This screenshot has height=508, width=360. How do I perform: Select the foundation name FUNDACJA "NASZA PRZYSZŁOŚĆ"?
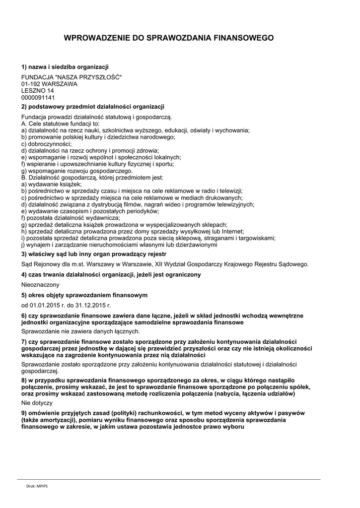coord(71,77)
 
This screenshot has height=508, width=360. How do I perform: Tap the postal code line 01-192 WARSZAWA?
coord(49,84)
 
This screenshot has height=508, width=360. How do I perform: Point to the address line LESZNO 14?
coord(38,91)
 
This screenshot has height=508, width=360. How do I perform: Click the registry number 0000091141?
coord(38,98)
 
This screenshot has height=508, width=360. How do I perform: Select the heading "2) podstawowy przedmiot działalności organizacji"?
coord(92,107)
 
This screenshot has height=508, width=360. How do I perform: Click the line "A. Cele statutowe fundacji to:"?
coord(61,124)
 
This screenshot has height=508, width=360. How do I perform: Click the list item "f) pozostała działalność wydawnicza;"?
coord(71,218)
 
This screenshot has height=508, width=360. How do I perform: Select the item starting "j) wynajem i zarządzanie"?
coord(119,245)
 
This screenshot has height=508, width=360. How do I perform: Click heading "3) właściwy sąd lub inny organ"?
coord(93,254)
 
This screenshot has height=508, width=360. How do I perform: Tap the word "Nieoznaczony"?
coord(40,285)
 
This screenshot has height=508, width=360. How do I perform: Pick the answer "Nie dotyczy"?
coord(37,403)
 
